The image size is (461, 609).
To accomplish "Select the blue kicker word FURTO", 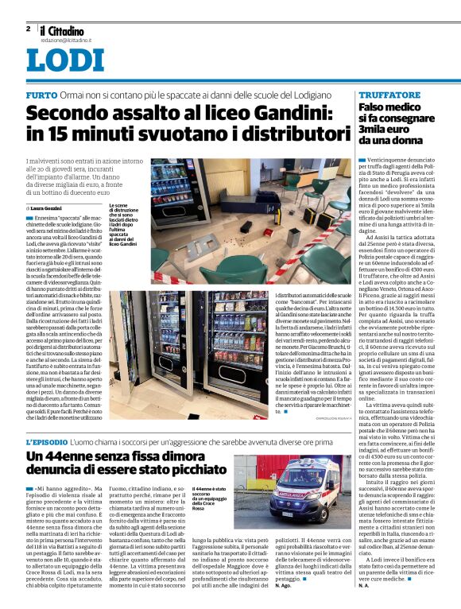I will (x=41, y=95).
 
